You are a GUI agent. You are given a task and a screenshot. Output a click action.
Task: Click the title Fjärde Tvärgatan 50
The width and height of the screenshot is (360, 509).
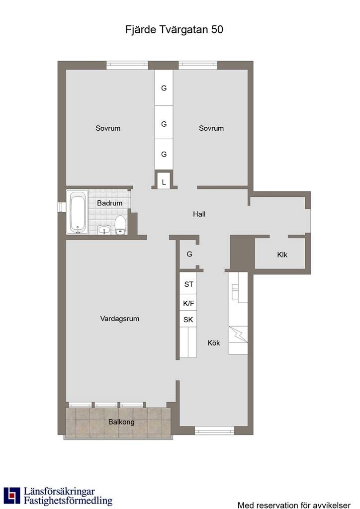click(x=174, y=29)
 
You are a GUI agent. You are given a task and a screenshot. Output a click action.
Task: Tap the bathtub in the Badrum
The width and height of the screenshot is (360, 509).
click(x=78, y=212)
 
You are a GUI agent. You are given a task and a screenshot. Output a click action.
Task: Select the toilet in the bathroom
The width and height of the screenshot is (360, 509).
click(x=120, y=225)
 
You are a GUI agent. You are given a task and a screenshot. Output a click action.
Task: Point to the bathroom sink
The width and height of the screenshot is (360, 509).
click(x=104, y=230)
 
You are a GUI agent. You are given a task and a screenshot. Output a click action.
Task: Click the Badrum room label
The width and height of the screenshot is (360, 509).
click(x=110, y=203)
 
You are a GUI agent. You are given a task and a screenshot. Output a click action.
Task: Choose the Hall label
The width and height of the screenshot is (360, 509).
click(x=199, y=214)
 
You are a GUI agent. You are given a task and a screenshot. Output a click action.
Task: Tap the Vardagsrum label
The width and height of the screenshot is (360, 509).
click(x=119, y=319)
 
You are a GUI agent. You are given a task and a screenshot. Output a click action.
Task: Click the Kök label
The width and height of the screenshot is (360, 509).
click(x=214, y=343)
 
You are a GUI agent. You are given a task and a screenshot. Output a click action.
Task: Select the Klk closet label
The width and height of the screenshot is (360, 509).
click(x=282, y=255)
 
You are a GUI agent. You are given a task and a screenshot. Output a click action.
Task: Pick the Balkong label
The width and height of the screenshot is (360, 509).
click(x=121, y=422)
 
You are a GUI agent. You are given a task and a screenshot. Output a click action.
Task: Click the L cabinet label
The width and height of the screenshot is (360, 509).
click(x=164, y=182)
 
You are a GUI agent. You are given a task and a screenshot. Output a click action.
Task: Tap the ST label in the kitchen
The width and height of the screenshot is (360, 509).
click(x=188, y=284)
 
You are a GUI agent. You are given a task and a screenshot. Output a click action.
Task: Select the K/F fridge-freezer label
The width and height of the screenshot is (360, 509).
click(x=188, y=304)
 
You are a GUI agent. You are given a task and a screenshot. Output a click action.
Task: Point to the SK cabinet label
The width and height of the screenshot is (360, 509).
click(x=188, y=320)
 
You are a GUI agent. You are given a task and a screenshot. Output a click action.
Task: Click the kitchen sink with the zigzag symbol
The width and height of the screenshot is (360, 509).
click(x=238, y=335)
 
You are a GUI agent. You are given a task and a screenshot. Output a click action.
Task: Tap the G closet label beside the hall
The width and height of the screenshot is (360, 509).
click(x=189, y=254)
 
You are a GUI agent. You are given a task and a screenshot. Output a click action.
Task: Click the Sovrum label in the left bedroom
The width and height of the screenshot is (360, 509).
click(x=108, y=128)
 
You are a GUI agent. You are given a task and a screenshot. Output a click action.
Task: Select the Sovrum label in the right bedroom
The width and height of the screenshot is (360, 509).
click(x=211, y=128)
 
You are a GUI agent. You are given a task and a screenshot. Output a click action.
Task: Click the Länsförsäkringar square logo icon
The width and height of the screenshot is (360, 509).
click(x=12, y=496)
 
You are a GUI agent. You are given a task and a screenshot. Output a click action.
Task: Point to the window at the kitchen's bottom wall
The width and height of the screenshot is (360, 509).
click(x=215, y=430)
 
